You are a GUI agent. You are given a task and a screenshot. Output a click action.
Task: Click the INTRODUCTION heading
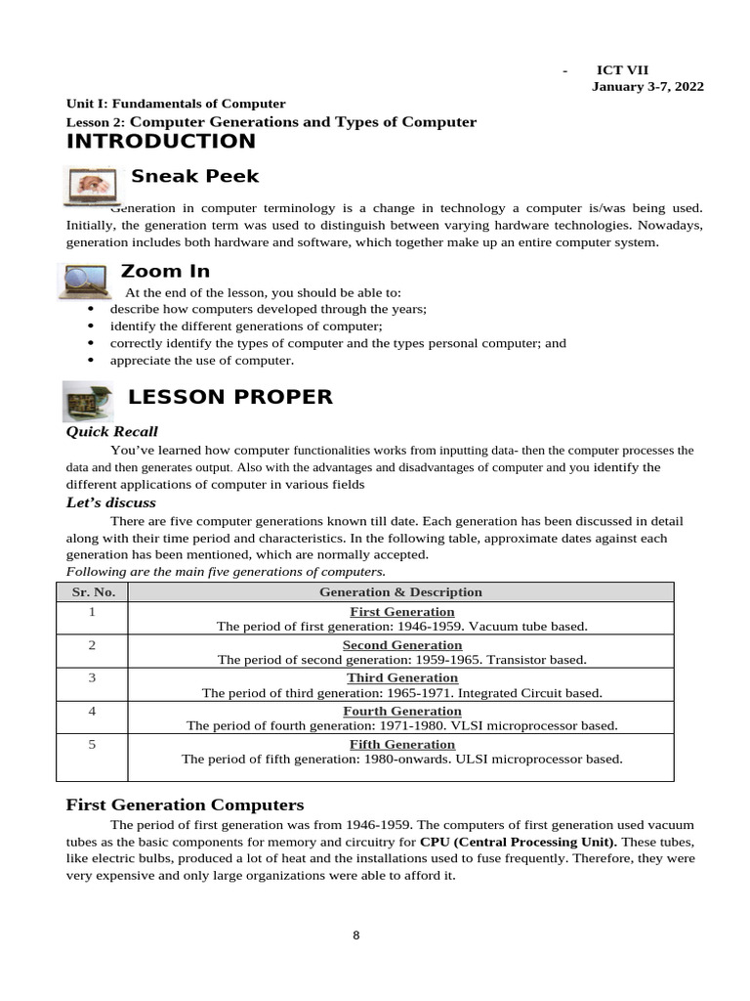coord(160,142)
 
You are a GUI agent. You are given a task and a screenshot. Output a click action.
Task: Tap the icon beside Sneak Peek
coord(92,185)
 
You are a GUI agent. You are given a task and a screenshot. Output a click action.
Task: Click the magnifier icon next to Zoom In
coord(86,281)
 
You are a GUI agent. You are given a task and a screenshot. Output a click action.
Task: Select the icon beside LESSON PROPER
coord(89,401)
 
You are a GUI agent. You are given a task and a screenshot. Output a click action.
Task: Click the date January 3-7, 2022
coord(647,86)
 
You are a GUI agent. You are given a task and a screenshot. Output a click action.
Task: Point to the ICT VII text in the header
coord(622,69)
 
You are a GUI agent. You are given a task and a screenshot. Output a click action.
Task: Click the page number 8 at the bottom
coord(356,936)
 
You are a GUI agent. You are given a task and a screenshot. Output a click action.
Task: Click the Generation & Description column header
coord(400,591)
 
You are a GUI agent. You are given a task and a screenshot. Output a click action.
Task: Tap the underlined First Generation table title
coord(401,612)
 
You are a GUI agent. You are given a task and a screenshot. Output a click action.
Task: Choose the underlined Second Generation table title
coord(401,645)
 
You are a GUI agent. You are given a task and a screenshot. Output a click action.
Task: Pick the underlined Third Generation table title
coord(401,677)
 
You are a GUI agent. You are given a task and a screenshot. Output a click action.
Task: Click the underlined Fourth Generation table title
coord(401,711)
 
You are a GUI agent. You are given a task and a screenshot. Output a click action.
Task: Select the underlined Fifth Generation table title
coord(401,744)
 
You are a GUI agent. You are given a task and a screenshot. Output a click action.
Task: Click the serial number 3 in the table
coord(92,677)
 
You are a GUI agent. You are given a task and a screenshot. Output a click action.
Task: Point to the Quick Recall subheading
coord(111,431)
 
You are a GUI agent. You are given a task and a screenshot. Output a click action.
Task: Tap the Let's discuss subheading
coord(110,502)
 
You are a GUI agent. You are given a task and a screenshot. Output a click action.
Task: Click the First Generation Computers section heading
coord(185,805)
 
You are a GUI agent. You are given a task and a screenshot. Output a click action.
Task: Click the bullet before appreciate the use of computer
coord(91,360)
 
